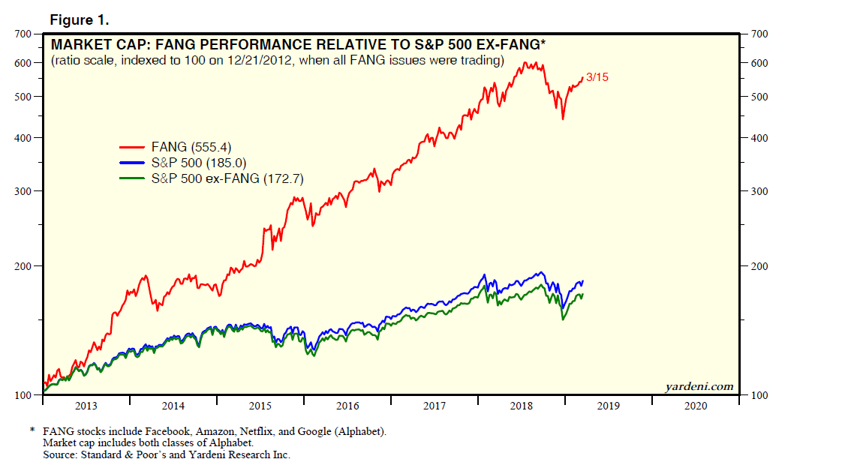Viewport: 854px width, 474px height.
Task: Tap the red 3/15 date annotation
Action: [x=598, y=77]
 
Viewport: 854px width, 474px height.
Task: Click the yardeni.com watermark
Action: [x=699, y=386]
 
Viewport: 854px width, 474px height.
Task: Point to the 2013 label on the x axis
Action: [x=86, y=406]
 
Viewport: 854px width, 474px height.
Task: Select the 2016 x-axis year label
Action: [x=347, y=406]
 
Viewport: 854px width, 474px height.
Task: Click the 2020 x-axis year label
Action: [x=696, y=406]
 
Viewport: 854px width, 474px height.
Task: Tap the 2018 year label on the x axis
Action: [x=522, y=406]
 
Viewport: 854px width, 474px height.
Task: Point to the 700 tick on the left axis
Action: [x=23, y=34]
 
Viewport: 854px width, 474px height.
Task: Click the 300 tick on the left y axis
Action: [x=23, y=191]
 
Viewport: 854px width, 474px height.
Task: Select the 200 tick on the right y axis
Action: [x=761, y=266]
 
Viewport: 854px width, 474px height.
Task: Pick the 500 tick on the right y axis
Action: [x=761, y=97]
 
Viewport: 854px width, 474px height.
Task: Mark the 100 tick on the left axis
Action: [x=23, y=395]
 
